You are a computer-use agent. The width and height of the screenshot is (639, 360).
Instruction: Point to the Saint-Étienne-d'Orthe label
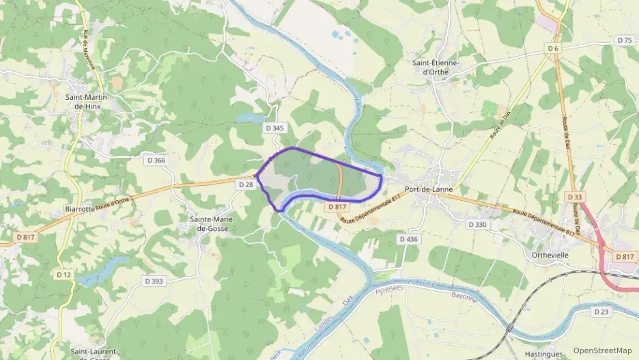pyautogui.click(x=436, y=67)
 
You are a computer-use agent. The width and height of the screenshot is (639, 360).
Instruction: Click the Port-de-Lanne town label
pyautogui.click(x=429, y=189)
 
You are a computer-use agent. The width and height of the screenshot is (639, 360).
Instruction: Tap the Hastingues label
pyautogui.click(x=544, y=354)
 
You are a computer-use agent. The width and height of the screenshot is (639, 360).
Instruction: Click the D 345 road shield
pyautogui.click(x=274, y=128)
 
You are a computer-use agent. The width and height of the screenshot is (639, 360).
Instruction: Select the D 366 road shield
pyautogui.click(x=156, y=160)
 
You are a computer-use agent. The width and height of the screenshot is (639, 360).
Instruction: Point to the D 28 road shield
pyautogui.click(x=246, y=184)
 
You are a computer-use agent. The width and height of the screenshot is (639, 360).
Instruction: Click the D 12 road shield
pyautogui.click(x=63, y=274)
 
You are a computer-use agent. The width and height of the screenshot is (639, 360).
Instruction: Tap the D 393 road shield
pyautogui.click(x=154, y=281)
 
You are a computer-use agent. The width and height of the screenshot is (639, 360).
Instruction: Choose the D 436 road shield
pyautogui.click(x=408, y=239)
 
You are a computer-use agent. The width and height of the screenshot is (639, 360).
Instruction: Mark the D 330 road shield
pyautogui.click(x=478, y=224)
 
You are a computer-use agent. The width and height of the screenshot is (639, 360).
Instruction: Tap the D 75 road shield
pyautogui.click(x=625, y=40)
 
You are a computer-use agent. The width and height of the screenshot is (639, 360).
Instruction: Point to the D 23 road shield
pyautogui.click(x=601, y=311)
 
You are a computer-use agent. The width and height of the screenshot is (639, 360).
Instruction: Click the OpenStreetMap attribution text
pyautogui.click(x=603, y=350)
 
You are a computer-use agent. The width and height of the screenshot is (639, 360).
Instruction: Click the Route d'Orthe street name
pyautogui.click(x=113, y=198)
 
